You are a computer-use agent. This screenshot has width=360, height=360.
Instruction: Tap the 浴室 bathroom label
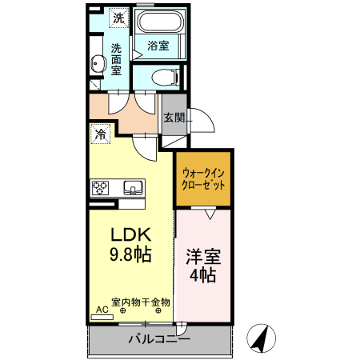pyautogui.click(x=158, y=46)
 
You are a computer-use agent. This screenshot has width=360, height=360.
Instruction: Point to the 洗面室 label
pyautogui.click(x=117, y=58)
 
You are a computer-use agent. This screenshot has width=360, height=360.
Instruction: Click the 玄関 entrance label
pyautogui.click(x=173, y=118)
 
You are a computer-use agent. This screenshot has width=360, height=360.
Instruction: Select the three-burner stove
pyautogui.click(x=101, y=188)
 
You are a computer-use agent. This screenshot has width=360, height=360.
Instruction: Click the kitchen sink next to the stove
pyautogui.click(x=132, y=188)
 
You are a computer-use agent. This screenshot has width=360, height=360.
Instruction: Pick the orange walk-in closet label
pyautogui.click(x=203, y=178)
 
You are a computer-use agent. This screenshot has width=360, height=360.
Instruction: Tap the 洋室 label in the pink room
pyautogui.click(x=203, y=258)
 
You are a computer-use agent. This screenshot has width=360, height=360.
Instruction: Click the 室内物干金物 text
pyautogui.click(x=141, y=302)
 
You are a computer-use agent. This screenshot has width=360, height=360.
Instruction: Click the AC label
pyautogui.click(x=102, y=309)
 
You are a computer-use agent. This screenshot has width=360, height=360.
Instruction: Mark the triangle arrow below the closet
pyautogui.click(x=210, y=214)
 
